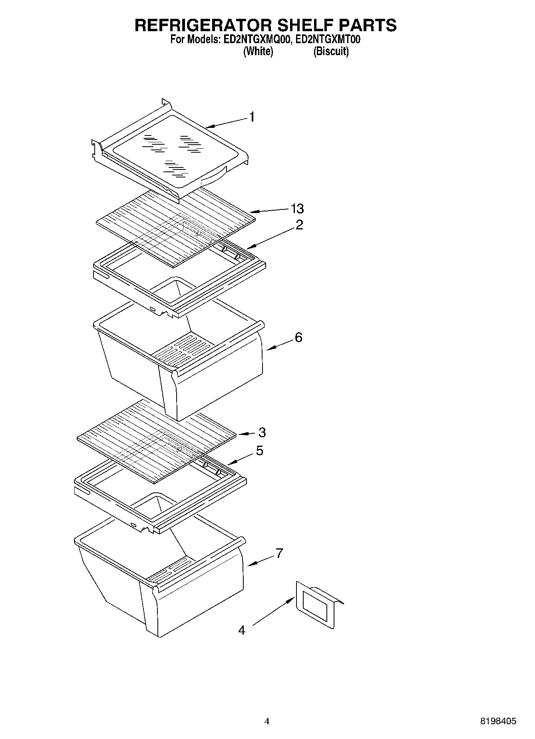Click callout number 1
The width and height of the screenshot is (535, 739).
point(252,117)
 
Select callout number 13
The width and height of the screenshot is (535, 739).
point(297,208)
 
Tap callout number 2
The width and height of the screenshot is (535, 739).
point(299,225)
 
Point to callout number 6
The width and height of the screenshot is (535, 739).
point(298,337)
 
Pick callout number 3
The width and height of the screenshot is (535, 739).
point(262,432)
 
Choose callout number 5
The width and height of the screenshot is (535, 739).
point(260,451)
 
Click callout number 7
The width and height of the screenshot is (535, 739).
point(279,553)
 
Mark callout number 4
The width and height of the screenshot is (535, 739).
point(241,630)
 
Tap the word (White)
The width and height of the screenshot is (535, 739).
point(258,52)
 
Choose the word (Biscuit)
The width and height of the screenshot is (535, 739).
point(331,52)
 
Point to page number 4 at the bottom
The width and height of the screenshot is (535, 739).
point(267,721)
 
